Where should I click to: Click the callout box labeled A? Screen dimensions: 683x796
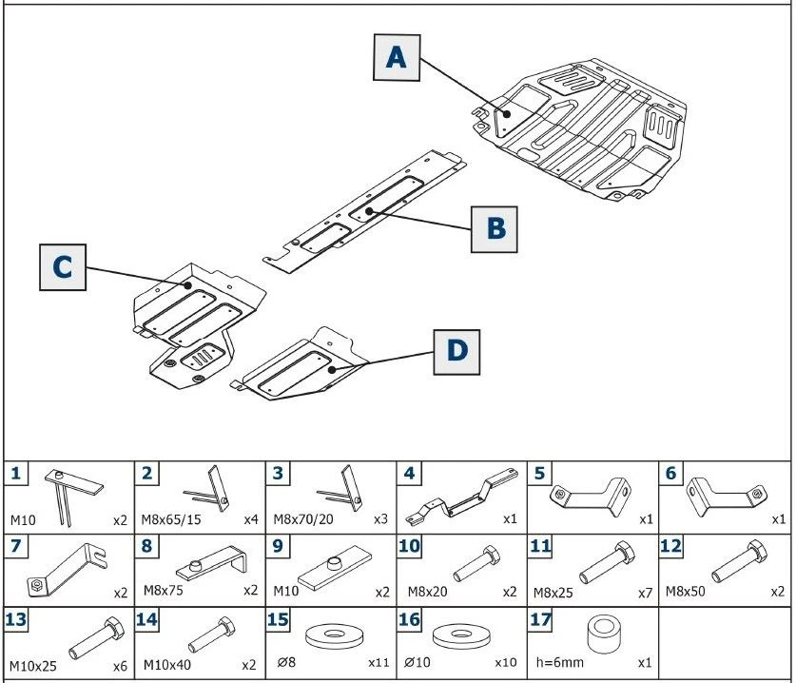395,58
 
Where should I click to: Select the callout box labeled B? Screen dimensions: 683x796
495,228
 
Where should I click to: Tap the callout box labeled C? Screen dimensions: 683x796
63,267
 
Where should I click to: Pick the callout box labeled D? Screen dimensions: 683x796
457,351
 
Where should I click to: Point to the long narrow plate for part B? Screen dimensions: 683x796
366,211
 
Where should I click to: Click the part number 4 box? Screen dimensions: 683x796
409,473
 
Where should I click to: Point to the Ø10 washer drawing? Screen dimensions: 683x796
461,634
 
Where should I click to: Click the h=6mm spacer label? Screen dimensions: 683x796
558,663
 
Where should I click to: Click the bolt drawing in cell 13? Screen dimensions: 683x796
85,633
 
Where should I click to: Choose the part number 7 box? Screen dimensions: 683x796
16,547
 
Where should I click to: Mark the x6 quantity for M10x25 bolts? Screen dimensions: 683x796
120,666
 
